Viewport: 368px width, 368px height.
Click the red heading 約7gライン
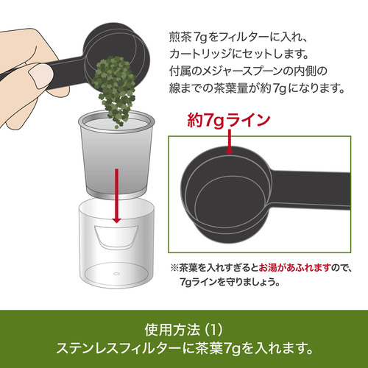tap(228, 120)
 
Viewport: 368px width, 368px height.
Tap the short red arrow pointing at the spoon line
tap(229, 142)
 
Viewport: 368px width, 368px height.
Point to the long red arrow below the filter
tap(116, 196)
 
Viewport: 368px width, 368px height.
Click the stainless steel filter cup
tap(116, 155)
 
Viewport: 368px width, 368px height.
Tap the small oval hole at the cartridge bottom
tap(116, 274)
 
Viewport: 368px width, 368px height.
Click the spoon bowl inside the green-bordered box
tap(227, 195)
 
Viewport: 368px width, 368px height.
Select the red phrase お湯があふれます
tap(294, 267)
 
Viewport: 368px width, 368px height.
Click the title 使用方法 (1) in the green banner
tap(183, 330)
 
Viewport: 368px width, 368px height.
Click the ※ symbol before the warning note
tap(174, 267)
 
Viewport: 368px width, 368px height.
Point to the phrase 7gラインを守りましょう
tap(230, 282)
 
